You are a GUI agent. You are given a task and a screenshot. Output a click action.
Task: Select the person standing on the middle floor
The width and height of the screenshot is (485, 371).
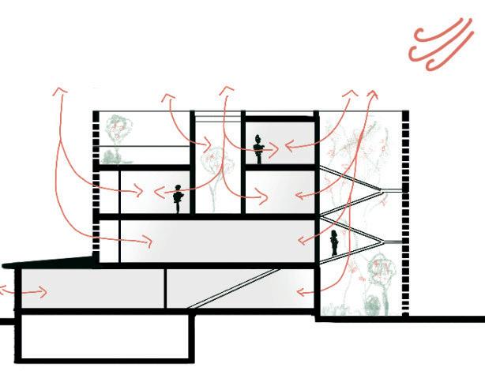tap(179, 197)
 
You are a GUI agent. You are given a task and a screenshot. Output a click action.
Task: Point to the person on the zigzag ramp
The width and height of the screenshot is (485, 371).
tap(334, 242)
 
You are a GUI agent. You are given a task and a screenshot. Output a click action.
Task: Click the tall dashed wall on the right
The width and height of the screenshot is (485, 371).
tap(404, 213)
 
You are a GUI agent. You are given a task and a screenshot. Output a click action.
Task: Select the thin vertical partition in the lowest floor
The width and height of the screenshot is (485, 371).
tap(166, 287)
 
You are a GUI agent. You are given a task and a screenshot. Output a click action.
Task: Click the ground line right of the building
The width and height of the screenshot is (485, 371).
tap(442, 319)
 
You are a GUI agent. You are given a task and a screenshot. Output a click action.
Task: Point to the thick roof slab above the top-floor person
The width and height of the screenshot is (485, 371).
tap(276, 118)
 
